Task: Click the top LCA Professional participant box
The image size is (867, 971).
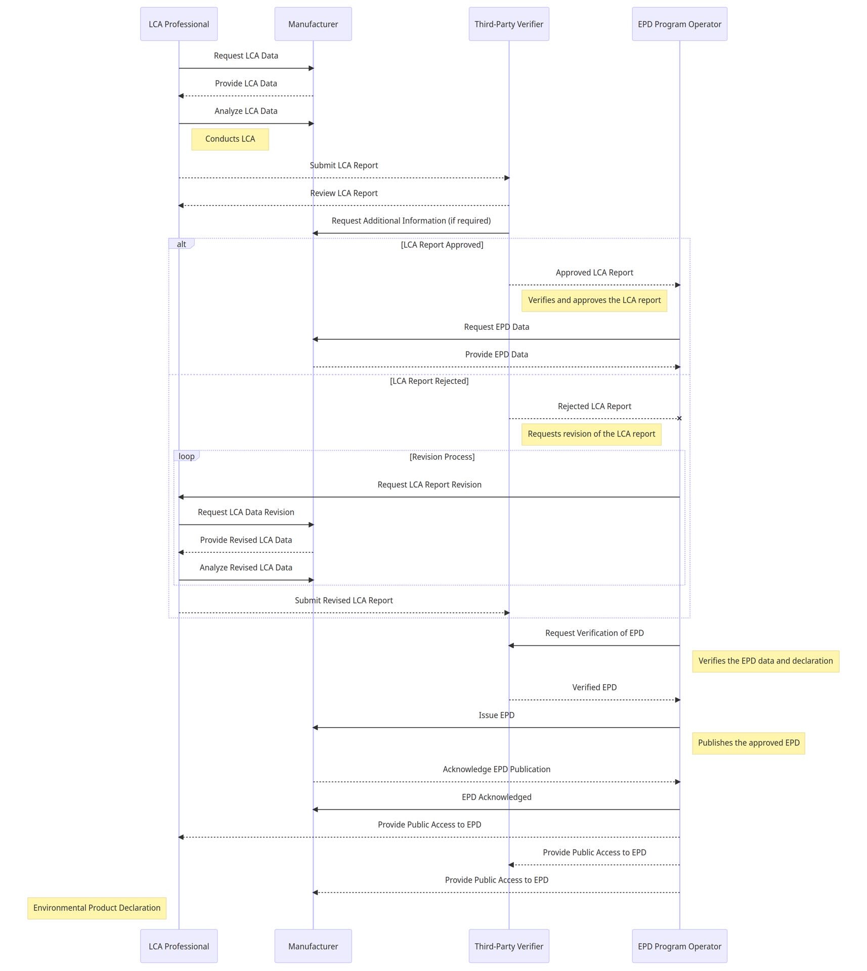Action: (179, 24)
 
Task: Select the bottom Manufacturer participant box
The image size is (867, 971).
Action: (313, 946)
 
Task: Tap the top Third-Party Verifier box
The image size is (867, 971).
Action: (509, 24)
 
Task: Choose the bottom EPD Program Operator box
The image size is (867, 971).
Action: (679, 946)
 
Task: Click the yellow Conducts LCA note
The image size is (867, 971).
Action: (230, 139)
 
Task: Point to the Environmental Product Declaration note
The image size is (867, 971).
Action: (97, 908)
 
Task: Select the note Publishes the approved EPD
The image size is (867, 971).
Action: (749, 743)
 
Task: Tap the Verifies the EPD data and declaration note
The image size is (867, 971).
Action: (765, 661)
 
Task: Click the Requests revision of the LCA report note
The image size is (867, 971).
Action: (591, 434)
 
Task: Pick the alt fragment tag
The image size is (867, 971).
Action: (181, 244)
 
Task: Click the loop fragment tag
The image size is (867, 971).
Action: (186, 456)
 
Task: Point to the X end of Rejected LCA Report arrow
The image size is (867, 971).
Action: (679, 418)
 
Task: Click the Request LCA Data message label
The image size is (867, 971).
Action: (246, 56)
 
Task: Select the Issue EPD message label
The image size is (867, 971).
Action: (496, 715)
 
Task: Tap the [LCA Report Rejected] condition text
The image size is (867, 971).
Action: (429, 381)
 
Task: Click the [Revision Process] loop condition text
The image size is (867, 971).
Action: (442, 457)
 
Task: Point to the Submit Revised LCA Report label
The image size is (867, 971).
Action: (344, 600)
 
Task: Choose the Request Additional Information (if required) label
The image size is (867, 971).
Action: (411, 220)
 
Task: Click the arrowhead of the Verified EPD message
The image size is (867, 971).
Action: (678, 700)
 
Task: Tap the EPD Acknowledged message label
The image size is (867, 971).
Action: (496, 797)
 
